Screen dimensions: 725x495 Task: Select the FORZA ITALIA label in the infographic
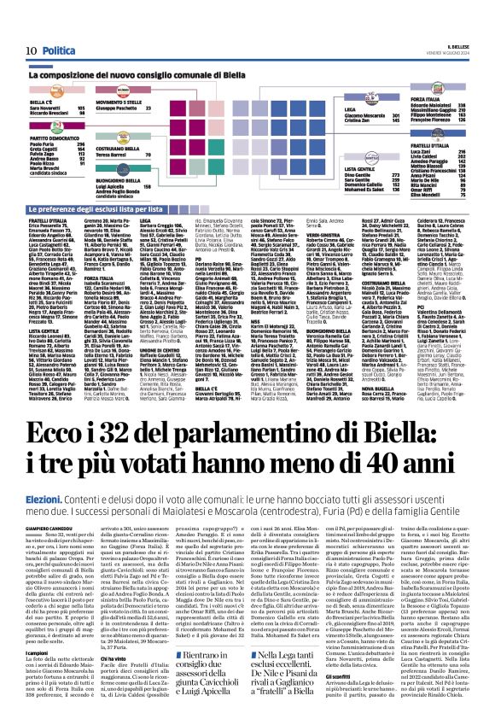point(440,100)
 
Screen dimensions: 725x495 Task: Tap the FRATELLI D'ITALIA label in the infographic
point(443,146)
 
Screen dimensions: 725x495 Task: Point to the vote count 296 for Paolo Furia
point(82,143)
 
